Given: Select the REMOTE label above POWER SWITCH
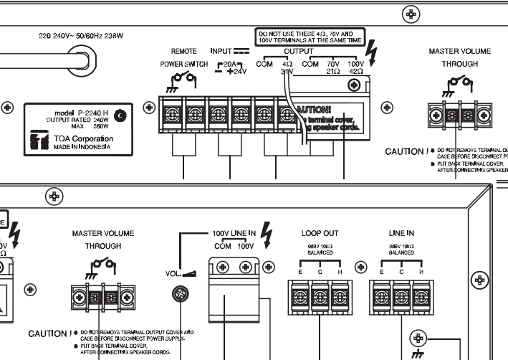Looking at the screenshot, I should [184, 52].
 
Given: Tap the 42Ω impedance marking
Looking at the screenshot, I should [356, 72].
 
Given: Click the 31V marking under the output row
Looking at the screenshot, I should [287, 72].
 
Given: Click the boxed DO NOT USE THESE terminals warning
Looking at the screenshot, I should [310, 37].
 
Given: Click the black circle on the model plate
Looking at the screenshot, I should [119, 114].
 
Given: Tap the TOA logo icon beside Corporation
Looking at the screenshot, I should [36, 141].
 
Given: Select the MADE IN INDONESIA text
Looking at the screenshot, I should [81, 147].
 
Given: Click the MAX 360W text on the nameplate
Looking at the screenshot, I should [87, 128].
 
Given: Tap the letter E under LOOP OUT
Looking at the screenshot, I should [296, 273].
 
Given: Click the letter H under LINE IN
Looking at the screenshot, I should [421, 273].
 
